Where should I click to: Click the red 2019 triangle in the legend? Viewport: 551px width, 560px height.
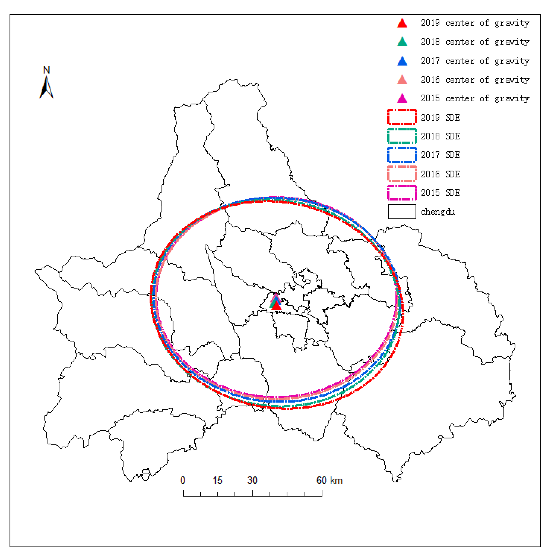click(x=402, y=23)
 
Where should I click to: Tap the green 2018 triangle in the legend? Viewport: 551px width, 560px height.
click(x=402, y=42)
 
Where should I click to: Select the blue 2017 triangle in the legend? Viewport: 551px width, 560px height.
click(x=402, y=61)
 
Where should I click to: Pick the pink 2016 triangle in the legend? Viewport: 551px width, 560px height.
click(x=402, y=80)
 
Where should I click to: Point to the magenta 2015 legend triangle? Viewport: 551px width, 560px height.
click(x=402, y=98)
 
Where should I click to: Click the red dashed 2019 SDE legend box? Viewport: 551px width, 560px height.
click(x=402, y=117)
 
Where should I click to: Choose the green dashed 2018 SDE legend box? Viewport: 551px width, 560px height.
click(x=402, y=136)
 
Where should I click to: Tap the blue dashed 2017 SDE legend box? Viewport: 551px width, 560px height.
click(x=402, y=155)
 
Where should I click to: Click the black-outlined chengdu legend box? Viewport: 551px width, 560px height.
click(x=402, y=212)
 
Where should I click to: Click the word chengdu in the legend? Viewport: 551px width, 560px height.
click(x=438, y=212)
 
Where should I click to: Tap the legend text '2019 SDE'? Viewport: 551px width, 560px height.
click(x=440, y=117)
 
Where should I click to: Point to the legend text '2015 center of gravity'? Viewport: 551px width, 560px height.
click(x=475, y=98)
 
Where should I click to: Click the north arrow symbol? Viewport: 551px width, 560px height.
click(x=46, y=87)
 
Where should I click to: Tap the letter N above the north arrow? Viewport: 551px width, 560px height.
click(x=46, y=70)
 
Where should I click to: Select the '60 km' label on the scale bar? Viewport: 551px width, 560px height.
click(x=329, y=480)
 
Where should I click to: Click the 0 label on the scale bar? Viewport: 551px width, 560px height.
click(x=183, y=480)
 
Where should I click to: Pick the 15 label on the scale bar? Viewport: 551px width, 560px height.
click(x=217, y=480)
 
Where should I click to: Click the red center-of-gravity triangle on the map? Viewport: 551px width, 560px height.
click(x=276, y=306)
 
